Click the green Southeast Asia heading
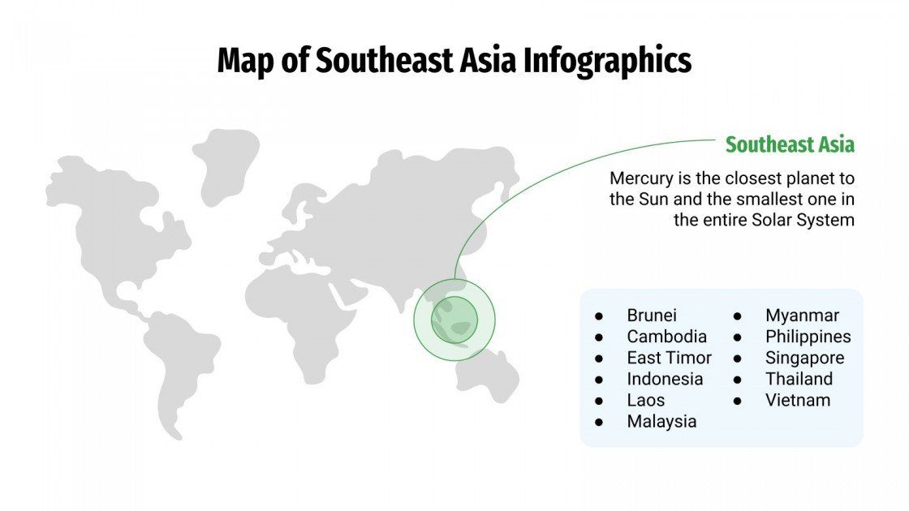point(790,145)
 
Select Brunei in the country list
point(652,316)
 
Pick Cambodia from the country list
point(666,337)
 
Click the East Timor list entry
point(669,358)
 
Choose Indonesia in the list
point(665,379)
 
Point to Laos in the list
point(645,400)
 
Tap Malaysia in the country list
point(661,421)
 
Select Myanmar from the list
point(802,316)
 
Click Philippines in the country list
point(808,337)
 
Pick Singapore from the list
point(804,358)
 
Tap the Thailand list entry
point(799,379)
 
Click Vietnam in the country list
point(798,400)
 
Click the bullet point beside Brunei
point(599,316)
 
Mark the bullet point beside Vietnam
point(739,400)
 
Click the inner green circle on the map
point(454,320)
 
